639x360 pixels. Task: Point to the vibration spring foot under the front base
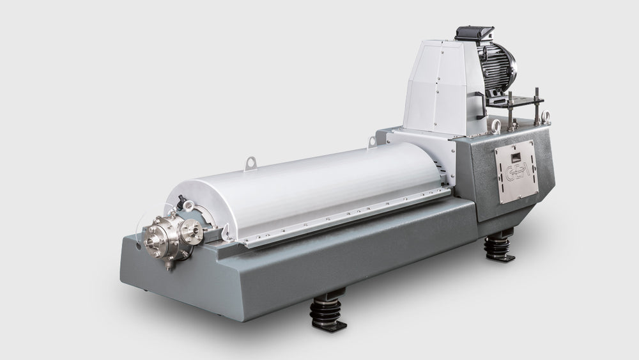(328, 311)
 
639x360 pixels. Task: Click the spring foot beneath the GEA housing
(499, 247)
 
